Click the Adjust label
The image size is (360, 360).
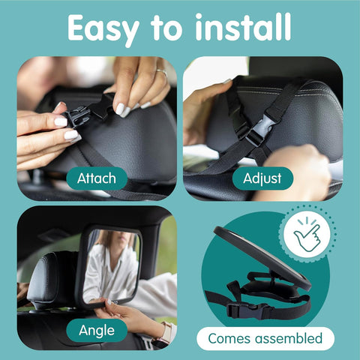[262, 178]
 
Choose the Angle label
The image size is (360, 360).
[95, 330]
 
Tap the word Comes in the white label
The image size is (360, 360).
[232, 338]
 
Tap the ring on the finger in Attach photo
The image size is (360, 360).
[161, 73]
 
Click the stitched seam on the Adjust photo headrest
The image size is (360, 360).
[300, 85]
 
